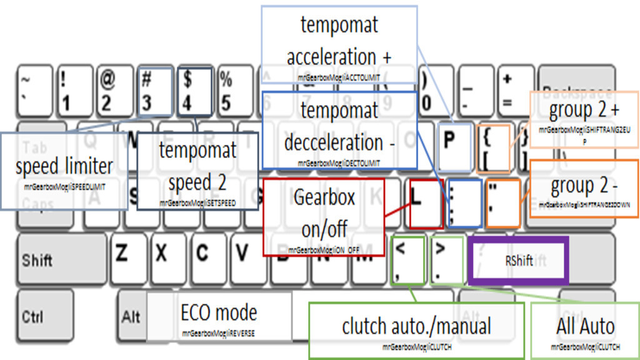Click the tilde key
pyautogui.click(x=32, y=91)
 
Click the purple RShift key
pyautogui.click(x=518, y=260)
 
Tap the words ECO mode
pyautogui.click(x=219, y=312)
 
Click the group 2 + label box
pyautogui.click(x=584, y=119)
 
